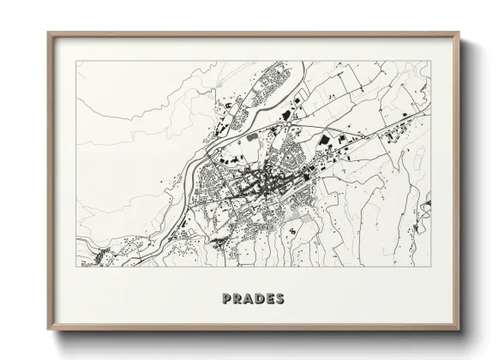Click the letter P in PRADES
click(226, 299)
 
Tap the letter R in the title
click(238, 299)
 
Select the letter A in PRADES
click(250, 299)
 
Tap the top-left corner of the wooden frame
click(49, 33)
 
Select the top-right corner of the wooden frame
click(460, 33)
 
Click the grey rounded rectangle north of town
click(252, 136)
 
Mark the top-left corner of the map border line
click(75, 61)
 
